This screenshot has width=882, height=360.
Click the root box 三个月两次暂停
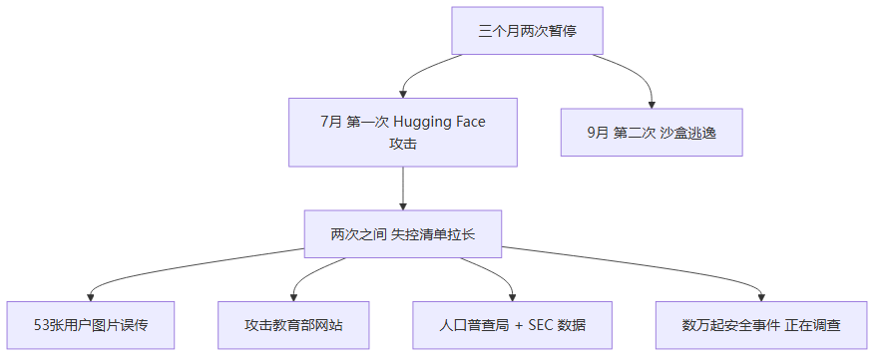pos(527,30)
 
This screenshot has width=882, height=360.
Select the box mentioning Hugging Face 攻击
pos(403,133)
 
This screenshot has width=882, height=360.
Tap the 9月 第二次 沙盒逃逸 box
pos(652,133)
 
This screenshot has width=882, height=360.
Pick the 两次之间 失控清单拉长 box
pos(403,234)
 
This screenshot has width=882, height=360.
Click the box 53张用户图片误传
pos(91,325)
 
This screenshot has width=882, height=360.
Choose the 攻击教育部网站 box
pos(293,325)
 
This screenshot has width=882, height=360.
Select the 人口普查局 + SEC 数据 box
pos(512,325)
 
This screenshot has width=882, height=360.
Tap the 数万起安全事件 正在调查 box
pos(761,325)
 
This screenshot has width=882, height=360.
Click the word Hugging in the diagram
pos(421,122)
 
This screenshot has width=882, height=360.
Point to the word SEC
pos(541,325)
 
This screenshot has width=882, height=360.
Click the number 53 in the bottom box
pos(41,325)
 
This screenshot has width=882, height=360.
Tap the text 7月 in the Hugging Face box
pos(331,122)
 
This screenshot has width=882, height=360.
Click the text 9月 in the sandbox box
pos(598,133)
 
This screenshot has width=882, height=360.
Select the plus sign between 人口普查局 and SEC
pos(519,326)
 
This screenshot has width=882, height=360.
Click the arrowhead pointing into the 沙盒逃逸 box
pos(652,105)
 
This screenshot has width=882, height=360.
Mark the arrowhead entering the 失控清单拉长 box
pos(403,206)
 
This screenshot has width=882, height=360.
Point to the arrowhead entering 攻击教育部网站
pos(293,297)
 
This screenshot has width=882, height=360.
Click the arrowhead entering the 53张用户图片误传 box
pos(91,297)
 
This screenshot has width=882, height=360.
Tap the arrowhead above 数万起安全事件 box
pos(761,297)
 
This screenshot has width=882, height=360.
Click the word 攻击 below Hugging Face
pos(403,144)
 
